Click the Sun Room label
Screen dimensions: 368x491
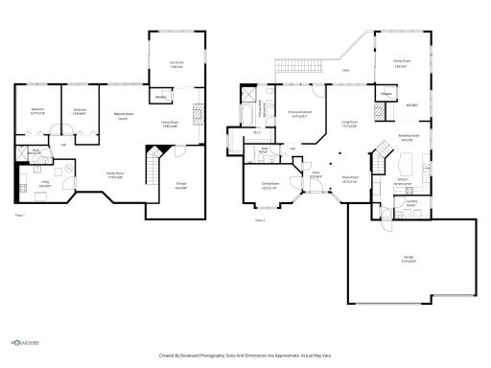coord(175,64)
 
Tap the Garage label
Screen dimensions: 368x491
coord(409,260)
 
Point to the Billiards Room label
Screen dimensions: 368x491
coord(123,117)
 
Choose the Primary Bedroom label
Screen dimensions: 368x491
coord(301,114)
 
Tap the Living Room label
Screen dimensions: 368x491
coord(350,124)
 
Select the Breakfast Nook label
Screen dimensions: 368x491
coord(409,138)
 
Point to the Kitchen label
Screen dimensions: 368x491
coord(404,179)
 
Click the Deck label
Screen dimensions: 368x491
coord(344,70)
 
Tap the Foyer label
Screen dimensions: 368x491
coord(316,175)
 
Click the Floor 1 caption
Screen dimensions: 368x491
coord(20,216)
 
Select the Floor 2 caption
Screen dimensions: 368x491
coord(259,220)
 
